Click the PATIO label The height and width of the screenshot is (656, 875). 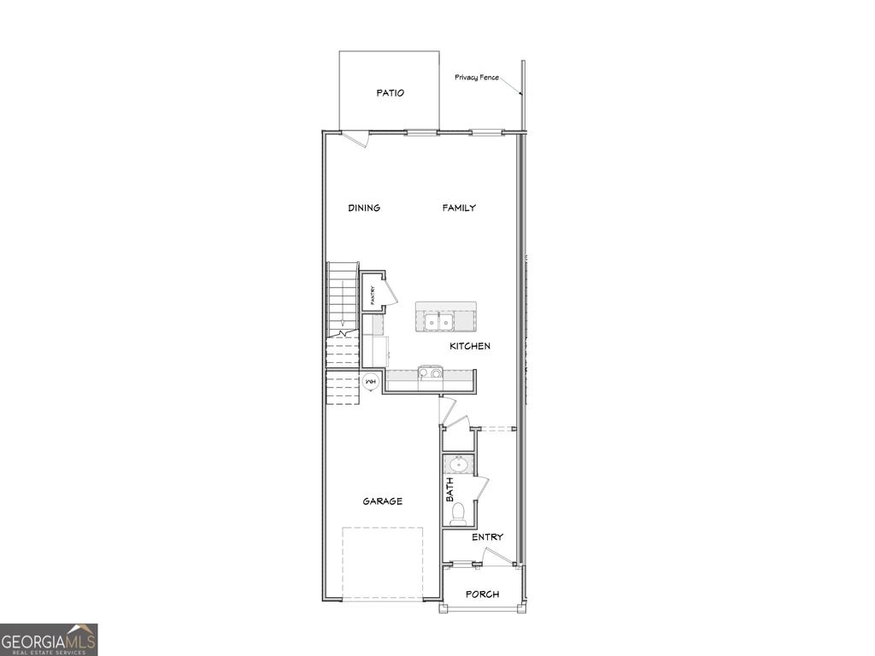[391, 93]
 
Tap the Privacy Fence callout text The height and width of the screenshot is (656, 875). [477, 78]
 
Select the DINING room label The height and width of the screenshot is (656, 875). [364, 208]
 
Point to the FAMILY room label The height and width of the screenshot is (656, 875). [459, 208]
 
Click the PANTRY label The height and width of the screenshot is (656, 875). [373, 296]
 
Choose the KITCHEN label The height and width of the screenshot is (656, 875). [470, 346]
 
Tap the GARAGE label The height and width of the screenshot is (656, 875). [382, 501]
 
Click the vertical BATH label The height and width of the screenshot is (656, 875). [449, 489]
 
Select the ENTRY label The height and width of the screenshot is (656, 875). [487, 537]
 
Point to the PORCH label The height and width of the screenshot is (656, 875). [482, 594]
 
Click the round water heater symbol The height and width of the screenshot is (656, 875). [372, 382]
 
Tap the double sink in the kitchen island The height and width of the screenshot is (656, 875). [439, 322]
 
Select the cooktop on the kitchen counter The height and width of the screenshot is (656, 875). [430, 373]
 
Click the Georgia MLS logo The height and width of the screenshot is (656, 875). [49, 640]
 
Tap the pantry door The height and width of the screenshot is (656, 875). [389, 290]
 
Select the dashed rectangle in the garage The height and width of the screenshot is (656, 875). [384, 563]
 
